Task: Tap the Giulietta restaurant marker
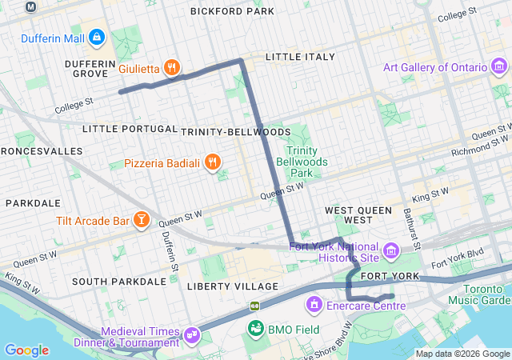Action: tap(171, 68)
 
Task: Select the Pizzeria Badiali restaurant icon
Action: tap(212, 163)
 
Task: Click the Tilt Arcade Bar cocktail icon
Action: tap(141, 220)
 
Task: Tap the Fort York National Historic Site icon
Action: tap(391, 252)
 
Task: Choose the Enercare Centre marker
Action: tap(314, 306)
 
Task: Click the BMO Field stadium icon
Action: tap(256, 328)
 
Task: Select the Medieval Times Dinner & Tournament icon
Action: tap(192, 334)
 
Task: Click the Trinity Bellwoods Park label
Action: tap(302, 162)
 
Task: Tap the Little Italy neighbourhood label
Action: tap(296, 57)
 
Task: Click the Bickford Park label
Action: tap(232, 11)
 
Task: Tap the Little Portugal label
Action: tap(130, 129)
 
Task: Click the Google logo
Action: tap(26, 350)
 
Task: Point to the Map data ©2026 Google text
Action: tap(462, 354)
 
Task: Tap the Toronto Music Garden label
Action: tap(485, 294)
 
